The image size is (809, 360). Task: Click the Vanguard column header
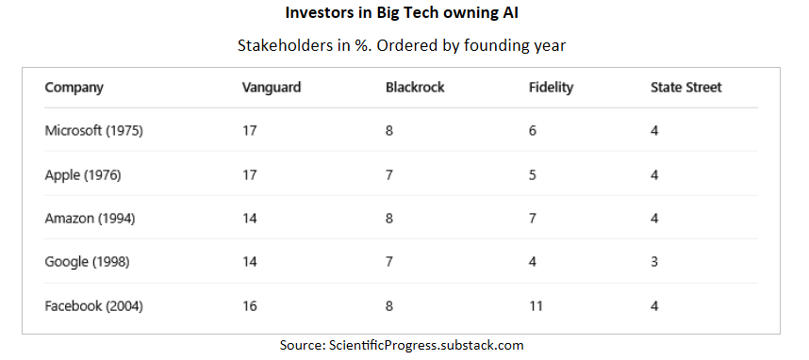coord(272,88)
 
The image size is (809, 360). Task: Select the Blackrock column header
coord(415,88)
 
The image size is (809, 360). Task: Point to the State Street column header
coord(686,88)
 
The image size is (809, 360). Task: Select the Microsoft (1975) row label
coord(94,131)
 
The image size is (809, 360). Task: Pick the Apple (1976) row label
coord(83,175)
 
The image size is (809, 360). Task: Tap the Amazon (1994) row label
coord(90,219)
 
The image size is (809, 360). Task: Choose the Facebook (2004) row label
coord(94,306)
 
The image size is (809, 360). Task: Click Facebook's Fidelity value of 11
coord(536,306)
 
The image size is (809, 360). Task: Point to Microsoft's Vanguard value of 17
coord(249,131)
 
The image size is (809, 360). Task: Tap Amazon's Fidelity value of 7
coord(533,219)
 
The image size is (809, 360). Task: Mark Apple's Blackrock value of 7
coord(389,175)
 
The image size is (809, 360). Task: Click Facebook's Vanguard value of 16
coord(249,306)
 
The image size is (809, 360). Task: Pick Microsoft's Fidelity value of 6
coord(533,131)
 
